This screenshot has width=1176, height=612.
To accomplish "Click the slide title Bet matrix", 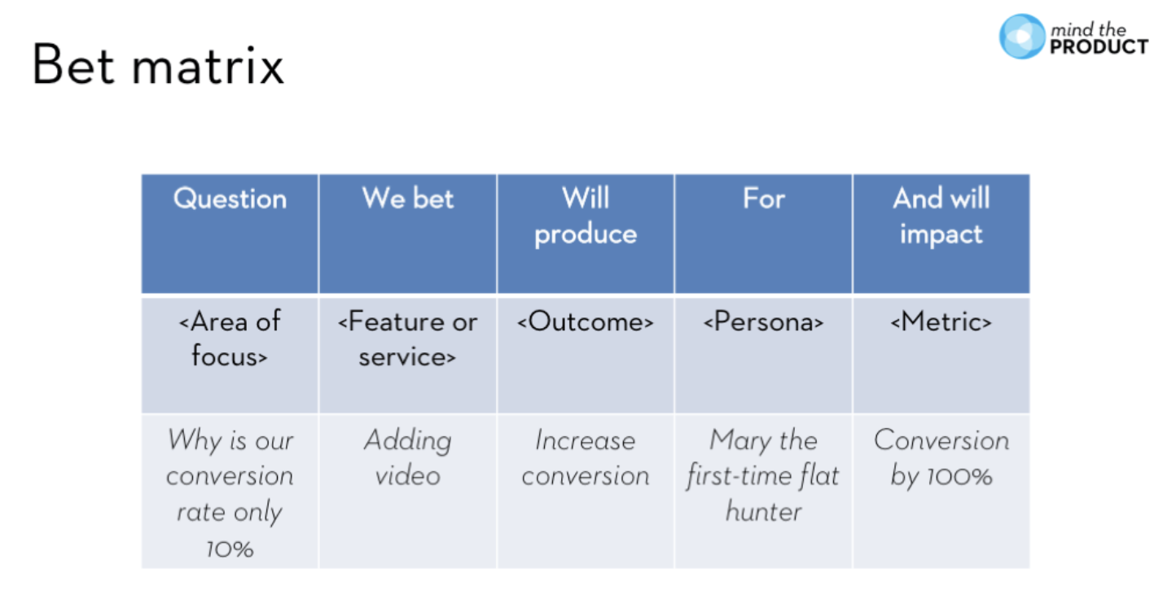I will click(x=158, y=65).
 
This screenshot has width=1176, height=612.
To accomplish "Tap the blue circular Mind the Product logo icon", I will click(x=1021, y=37).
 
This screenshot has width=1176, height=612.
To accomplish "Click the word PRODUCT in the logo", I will click(x=1099, y=47).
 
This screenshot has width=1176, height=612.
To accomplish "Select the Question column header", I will click(x=230, y=199).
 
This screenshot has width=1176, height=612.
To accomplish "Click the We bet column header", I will click(x=407, y=199).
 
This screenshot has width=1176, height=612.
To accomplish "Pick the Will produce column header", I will click(x=585, y=216).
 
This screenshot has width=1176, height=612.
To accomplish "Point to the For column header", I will click(x=763, y=199).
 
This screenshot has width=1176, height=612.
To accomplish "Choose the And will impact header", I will click(x=941, y=216).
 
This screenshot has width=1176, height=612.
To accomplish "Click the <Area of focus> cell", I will click(x=230, y=339).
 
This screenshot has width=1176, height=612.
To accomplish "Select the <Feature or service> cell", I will click(x=407, y=339).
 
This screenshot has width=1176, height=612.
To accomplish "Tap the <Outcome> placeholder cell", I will click(x=585, y=322).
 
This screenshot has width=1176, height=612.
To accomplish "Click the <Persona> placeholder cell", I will click(x=763, y=322).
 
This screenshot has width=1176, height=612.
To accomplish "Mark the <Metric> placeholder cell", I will click(x=941, y=322).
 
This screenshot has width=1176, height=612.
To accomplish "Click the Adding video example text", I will click(x=407, y=458).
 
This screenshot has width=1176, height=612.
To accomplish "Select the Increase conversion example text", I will click(x=585, y=458).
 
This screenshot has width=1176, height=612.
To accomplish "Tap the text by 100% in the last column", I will click(x=941, y=476).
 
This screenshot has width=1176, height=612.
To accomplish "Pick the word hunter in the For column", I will click(x=763, y=512).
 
